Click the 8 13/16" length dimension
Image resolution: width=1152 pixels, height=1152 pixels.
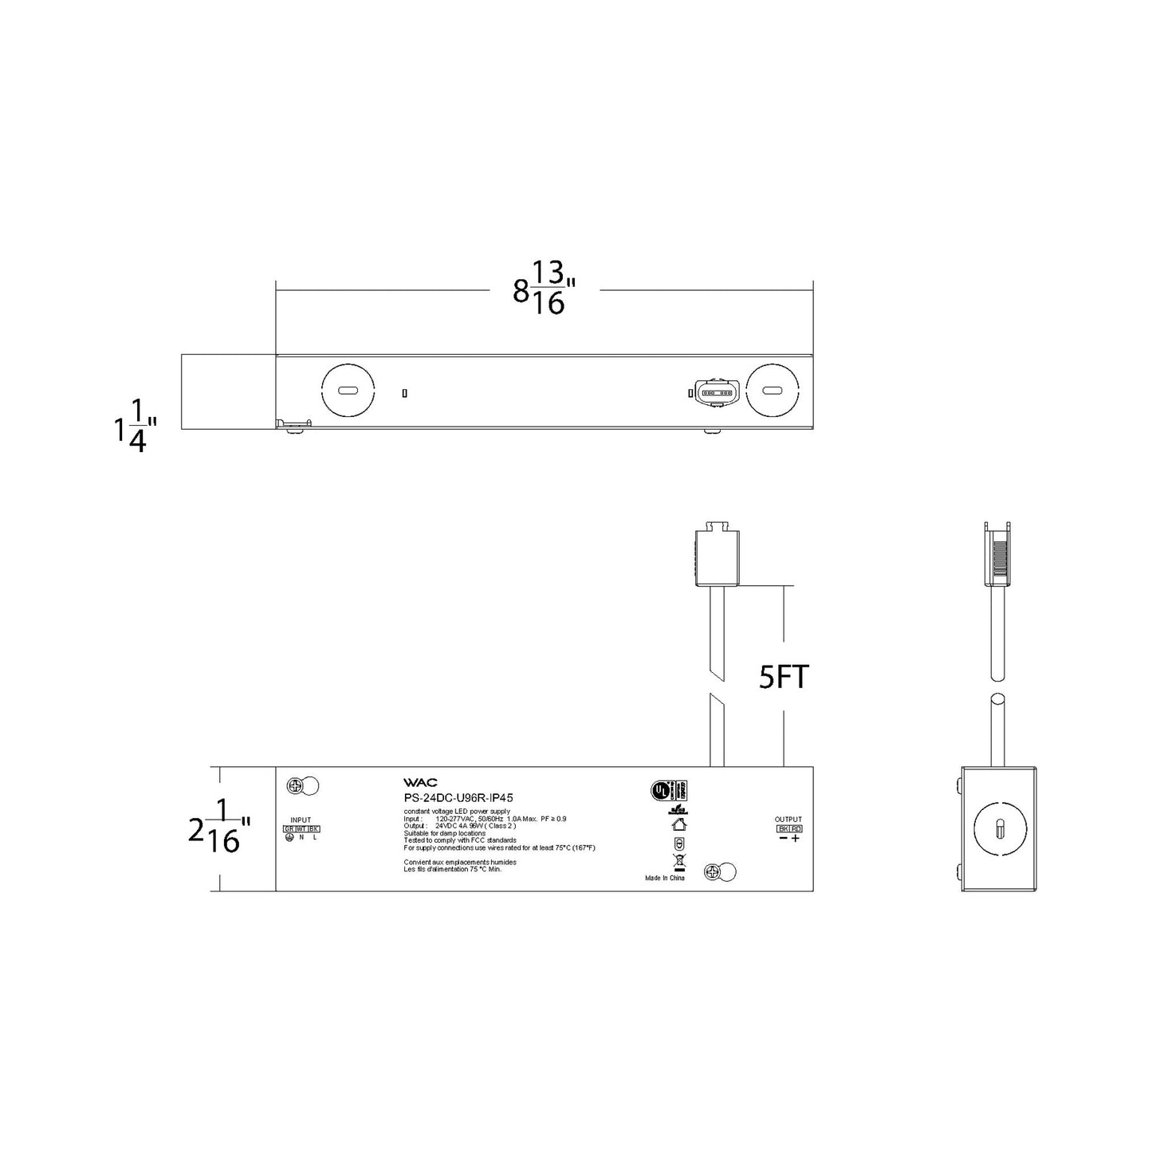coord(545,289)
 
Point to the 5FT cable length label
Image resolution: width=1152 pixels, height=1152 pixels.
coord(784,678)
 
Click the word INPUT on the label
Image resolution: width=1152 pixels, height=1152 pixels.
coord(301,820)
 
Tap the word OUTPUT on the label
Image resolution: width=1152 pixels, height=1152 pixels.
coord(788,820)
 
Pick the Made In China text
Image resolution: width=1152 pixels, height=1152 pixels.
coord(665,878)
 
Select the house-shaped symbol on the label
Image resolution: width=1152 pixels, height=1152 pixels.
coord(679,824)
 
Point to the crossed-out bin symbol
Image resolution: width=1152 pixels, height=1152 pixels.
coord(679,861)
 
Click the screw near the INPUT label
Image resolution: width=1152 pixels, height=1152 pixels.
coord(296,786)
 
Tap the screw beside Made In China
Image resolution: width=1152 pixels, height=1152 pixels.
coord(714,872)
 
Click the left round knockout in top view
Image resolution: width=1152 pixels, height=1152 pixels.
coord(348,391)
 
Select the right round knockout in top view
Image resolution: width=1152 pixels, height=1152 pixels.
coord(771,391)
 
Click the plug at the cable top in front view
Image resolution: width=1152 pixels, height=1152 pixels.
coord(714,554)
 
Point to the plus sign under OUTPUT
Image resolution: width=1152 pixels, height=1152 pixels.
coord(795,839)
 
